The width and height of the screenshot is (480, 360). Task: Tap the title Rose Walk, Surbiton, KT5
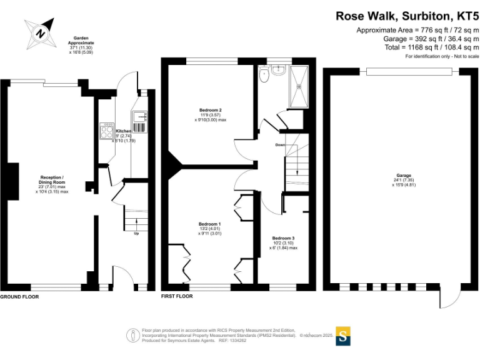pyautogui.click(x=407, y=16)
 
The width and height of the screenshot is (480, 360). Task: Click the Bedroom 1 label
pyautogui.click(x=210, y=224)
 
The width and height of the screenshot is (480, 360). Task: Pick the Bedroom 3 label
pyautogui.click(x=283, y=238)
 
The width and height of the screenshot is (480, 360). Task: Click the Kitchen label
pyautogui.click(x=123, y=131)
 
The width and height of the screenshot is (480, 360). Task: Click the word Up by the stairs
pyautogui.click(x=136, y=234)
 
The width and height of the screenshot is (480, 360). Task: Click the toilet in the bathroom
pyautogui.click(x=264, y=76)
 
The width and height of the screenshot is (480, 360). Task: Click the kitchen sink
pyautogui.click(x=139, y=117)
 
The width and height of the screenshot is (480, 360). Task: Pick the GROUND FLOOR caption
pyautogui.click(x=19, y=296)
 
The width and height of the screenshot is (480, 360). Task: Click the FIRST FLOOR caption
pyautogui.click(x=177, y=296)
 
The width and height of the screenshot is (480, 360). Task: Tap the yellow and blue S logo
pyautogui.click(x=343, y=336)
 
